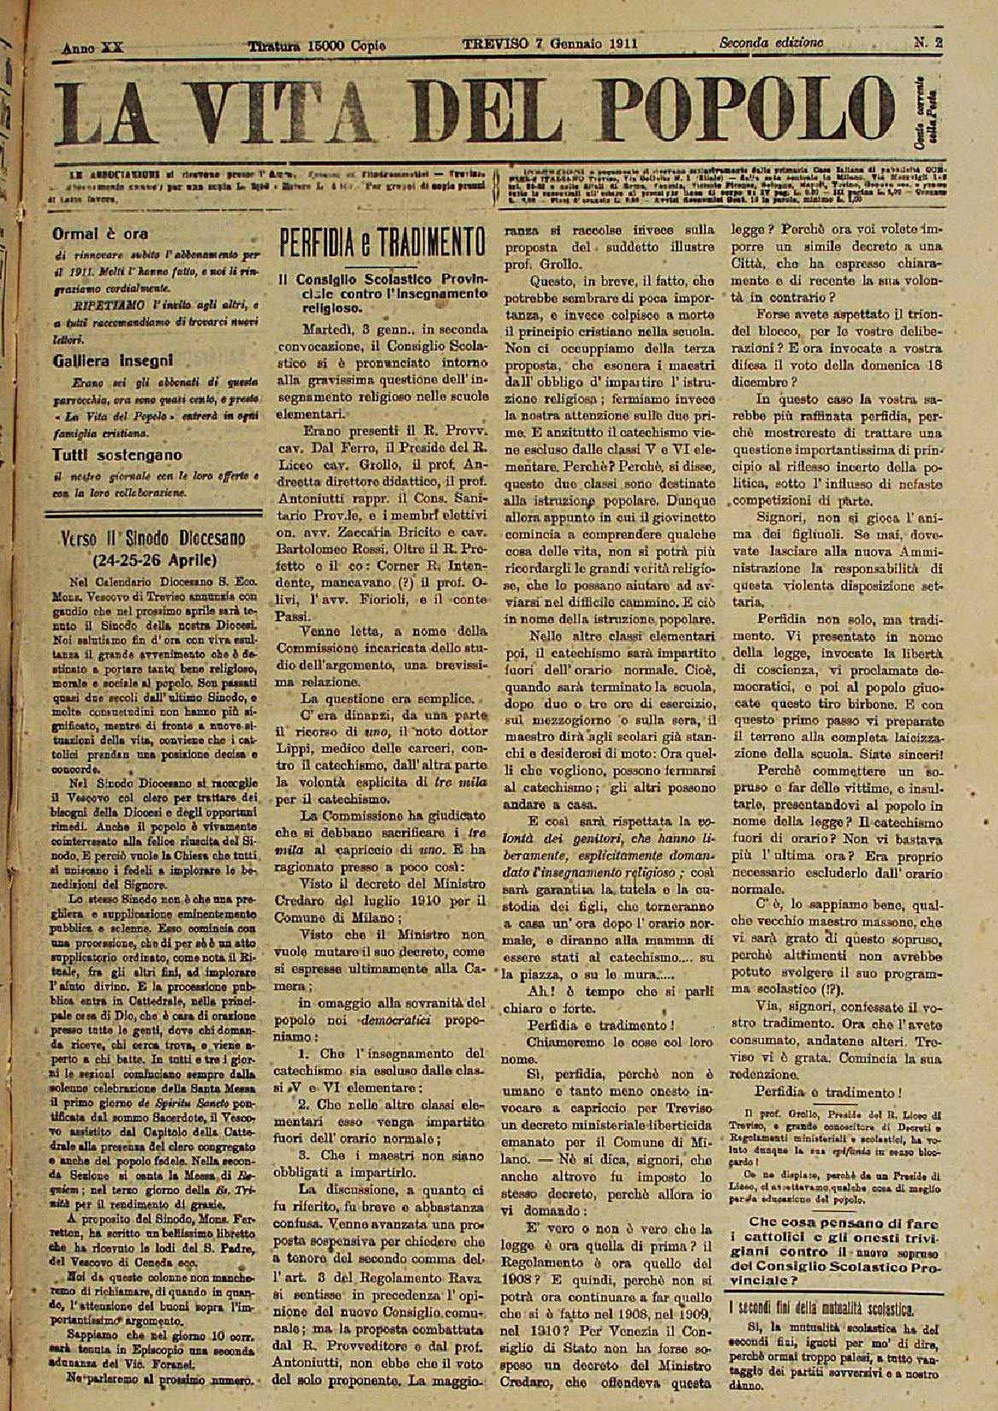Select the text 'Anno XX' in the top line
[x=93, y=48]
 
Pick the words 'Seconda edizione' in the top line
[x=771, y=42]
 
